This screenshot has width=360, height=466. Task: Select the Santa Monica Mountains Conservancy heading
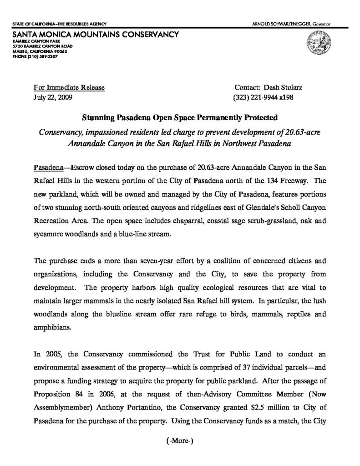[x=96, y=34]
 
